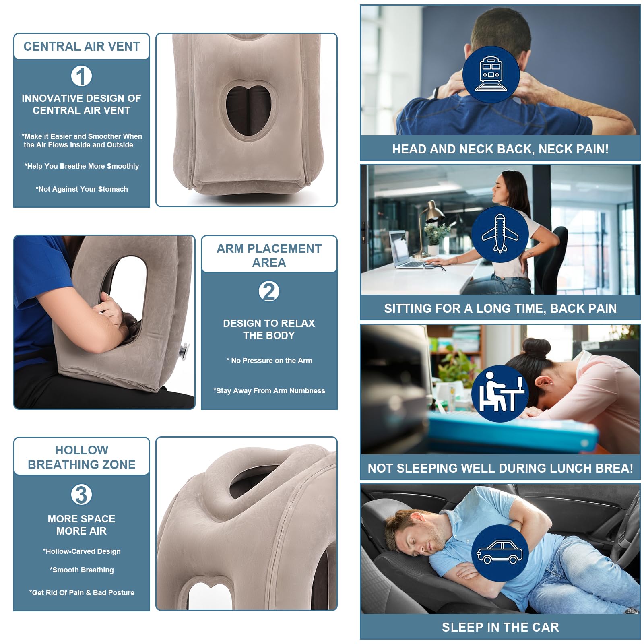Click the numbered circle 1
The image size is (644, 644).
[x=81, y=76]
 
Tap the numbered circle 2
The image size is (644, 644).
[x=269, y=291]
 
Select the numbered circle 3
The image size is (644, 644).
[x=81, y=495]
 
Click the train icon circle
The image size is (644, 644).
[x=491, y=75]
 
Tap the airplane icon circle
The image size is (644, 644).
[x=500, y=234]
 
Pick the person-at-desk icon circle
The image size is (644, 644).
[x=500, y=394]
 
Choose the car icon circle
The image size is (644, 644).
[x=500, y=553]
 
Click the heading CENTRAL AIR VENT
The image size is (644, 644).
[x=82, y=46]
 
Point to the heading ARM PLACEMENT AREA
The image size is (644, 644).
[x=269, y=255]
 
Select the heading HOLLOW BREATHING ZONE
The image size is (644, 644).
[x=82, y=457]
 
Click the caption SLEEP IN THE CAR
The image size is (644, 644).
[x=500, y=627]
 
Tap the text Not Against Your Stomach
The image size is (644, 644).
[x=82, y=189]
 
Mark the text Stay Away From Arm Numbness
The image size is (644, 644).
[x=269, y=391]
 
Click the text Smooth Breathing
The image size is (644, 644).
[x=82, y=570]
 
